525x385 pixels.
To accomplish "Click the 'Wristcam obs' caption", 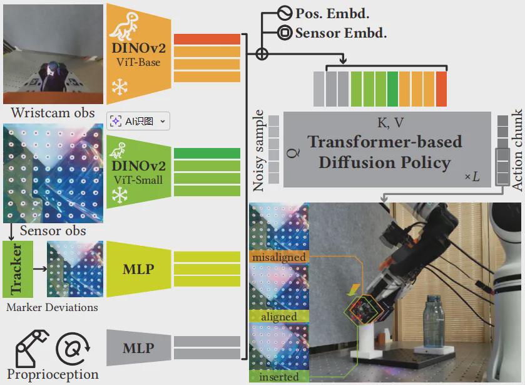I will [53, 113].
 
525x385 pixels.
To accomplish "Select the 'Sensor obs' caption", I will [53, 230].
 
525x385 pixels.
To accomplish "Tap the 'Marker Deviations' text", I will [52, 307].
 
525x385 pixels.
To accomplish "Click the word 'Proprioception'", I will [53, 374].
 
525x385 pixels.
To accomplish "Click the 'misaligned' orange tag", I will [279, 257].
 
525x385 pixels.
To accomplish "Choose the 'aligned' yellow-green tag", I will [279, 317].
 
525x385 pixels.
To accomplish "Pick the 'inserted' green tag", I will [279, 377].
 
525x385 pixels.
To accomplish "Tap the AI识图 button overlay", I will [138, 121].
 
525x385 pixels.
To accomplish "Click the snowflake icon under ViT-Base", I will [119, 87].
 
